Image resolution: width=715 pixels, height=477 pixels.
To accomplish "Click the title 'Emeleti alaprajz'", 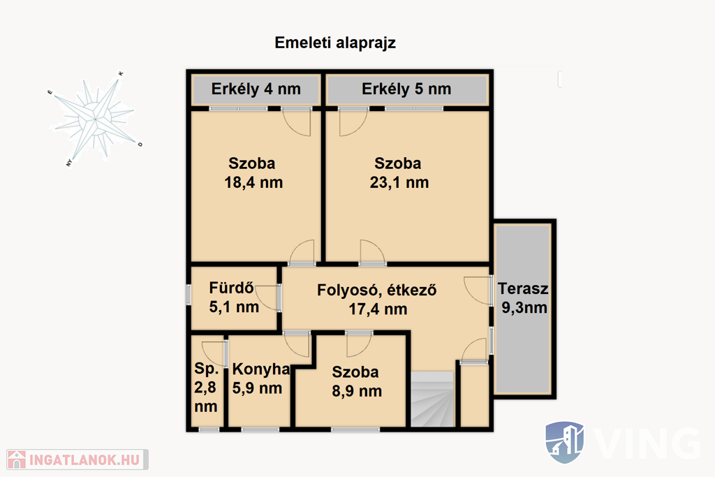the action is (335, 43).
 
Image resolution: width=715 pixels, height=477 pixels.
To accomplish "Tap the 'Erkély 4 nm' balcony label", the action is (256, 89).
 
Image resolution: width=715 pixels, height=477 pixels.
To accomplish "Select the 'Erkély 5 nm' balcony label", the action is (406, 89).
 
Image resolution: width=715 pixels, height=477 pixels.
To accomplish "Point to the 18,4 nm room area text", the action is (253, 183).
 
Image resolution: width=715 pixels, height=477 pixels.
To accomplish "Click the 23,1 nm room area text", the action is (399, 183).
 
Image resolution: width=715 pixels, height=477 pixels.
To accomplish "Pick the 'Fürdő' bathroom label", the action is (232, 288).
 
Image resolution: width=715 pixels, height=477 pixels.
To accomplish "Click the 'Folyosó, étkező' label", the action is (376, 290).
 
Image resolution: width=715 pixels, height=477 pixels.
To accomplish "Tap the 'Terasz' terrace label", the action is (523, 288).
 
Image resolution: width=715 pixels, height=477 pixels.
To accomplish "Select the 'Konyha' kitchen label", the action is (261, 369).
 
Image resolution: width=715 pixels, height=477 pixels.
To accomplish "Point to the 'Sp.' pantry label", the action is (206, 369).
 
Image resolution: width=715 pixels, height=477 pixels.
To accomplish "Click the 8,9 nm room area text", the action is (357, 391).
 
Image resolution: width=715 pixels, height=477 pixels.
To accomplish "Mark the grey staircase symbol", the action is (433, 399).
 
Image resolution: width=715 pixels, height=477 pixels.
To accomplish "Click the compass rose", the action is (95, 119).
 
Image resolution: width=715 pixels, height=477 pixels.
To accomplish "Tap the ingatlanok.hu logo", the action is (78, 460).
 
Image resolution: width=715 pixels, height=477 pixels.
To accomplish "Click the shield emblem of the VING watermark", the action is (564, 442).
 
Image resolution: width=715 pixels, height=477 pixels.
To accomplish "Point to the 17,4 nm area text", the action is (378, 309).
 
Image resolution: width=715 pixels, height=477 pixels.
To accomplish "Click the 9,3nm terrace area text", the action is (524, 308).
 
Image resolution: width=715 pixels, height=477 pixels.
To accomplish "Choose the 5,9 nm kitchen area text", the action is (257, 388).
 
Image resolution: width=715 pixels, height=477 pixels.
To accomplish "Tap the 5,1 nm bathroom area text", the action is (234, 307).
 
